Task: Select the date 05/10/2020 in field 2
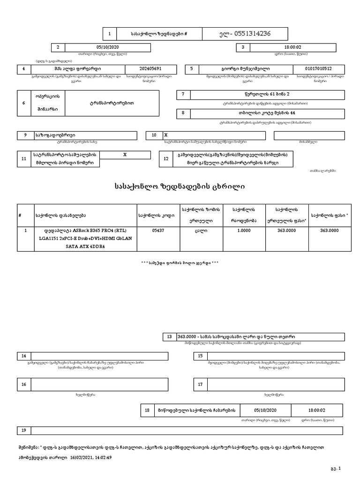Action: click(x=107, y=47)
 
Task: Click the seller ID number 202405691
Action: click(x=150, y=69)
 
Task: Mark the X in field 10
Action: click(x=166, y=135)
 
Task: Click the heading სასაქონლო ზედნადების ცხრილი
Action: click(x=180, y=187)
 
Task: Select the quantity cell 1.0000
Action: click(x=244, y=230)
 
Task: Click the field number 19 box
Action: click(x=24, y=430)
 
